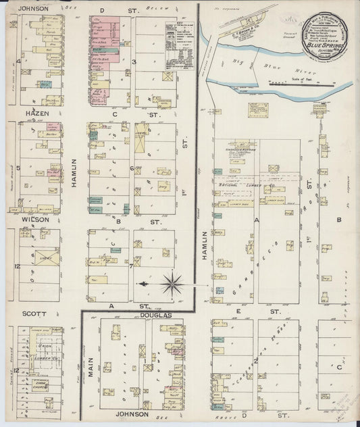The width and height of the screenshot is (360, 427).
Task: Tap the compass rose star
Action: pos(172,284)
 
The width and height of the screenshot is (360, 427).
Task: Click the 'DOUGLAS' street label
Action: pos(157,315)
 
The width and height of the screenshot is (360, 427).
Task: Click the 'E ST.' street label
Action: pos(257,311)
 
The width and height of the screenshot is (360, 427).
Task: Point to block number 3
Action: pos(134,62)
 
